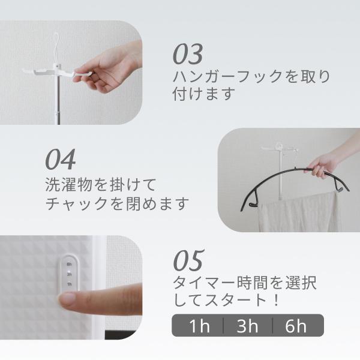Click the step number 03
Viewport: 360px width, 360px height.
click(x=188, y=54)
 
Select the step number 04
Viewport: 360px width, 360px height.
click(x=61, y=159)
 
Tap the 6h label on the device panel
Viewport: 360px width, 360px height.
click(x=70, y=263)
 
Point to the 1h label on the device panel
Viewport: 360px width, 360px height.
click(x=70, y=283)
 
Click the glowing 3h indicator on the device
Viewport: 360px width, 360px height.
click(x=70, y=274)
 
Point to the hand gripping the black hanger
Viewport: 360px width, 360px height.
click(x=324, y=164)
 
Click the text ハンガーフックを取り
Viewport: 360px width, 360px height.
click(x=251, y=77)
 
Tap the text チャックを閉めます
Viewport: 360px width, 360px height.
click(x=118, y=203)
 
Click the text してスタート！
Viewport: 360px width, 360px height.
click(x=229, y=300)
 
